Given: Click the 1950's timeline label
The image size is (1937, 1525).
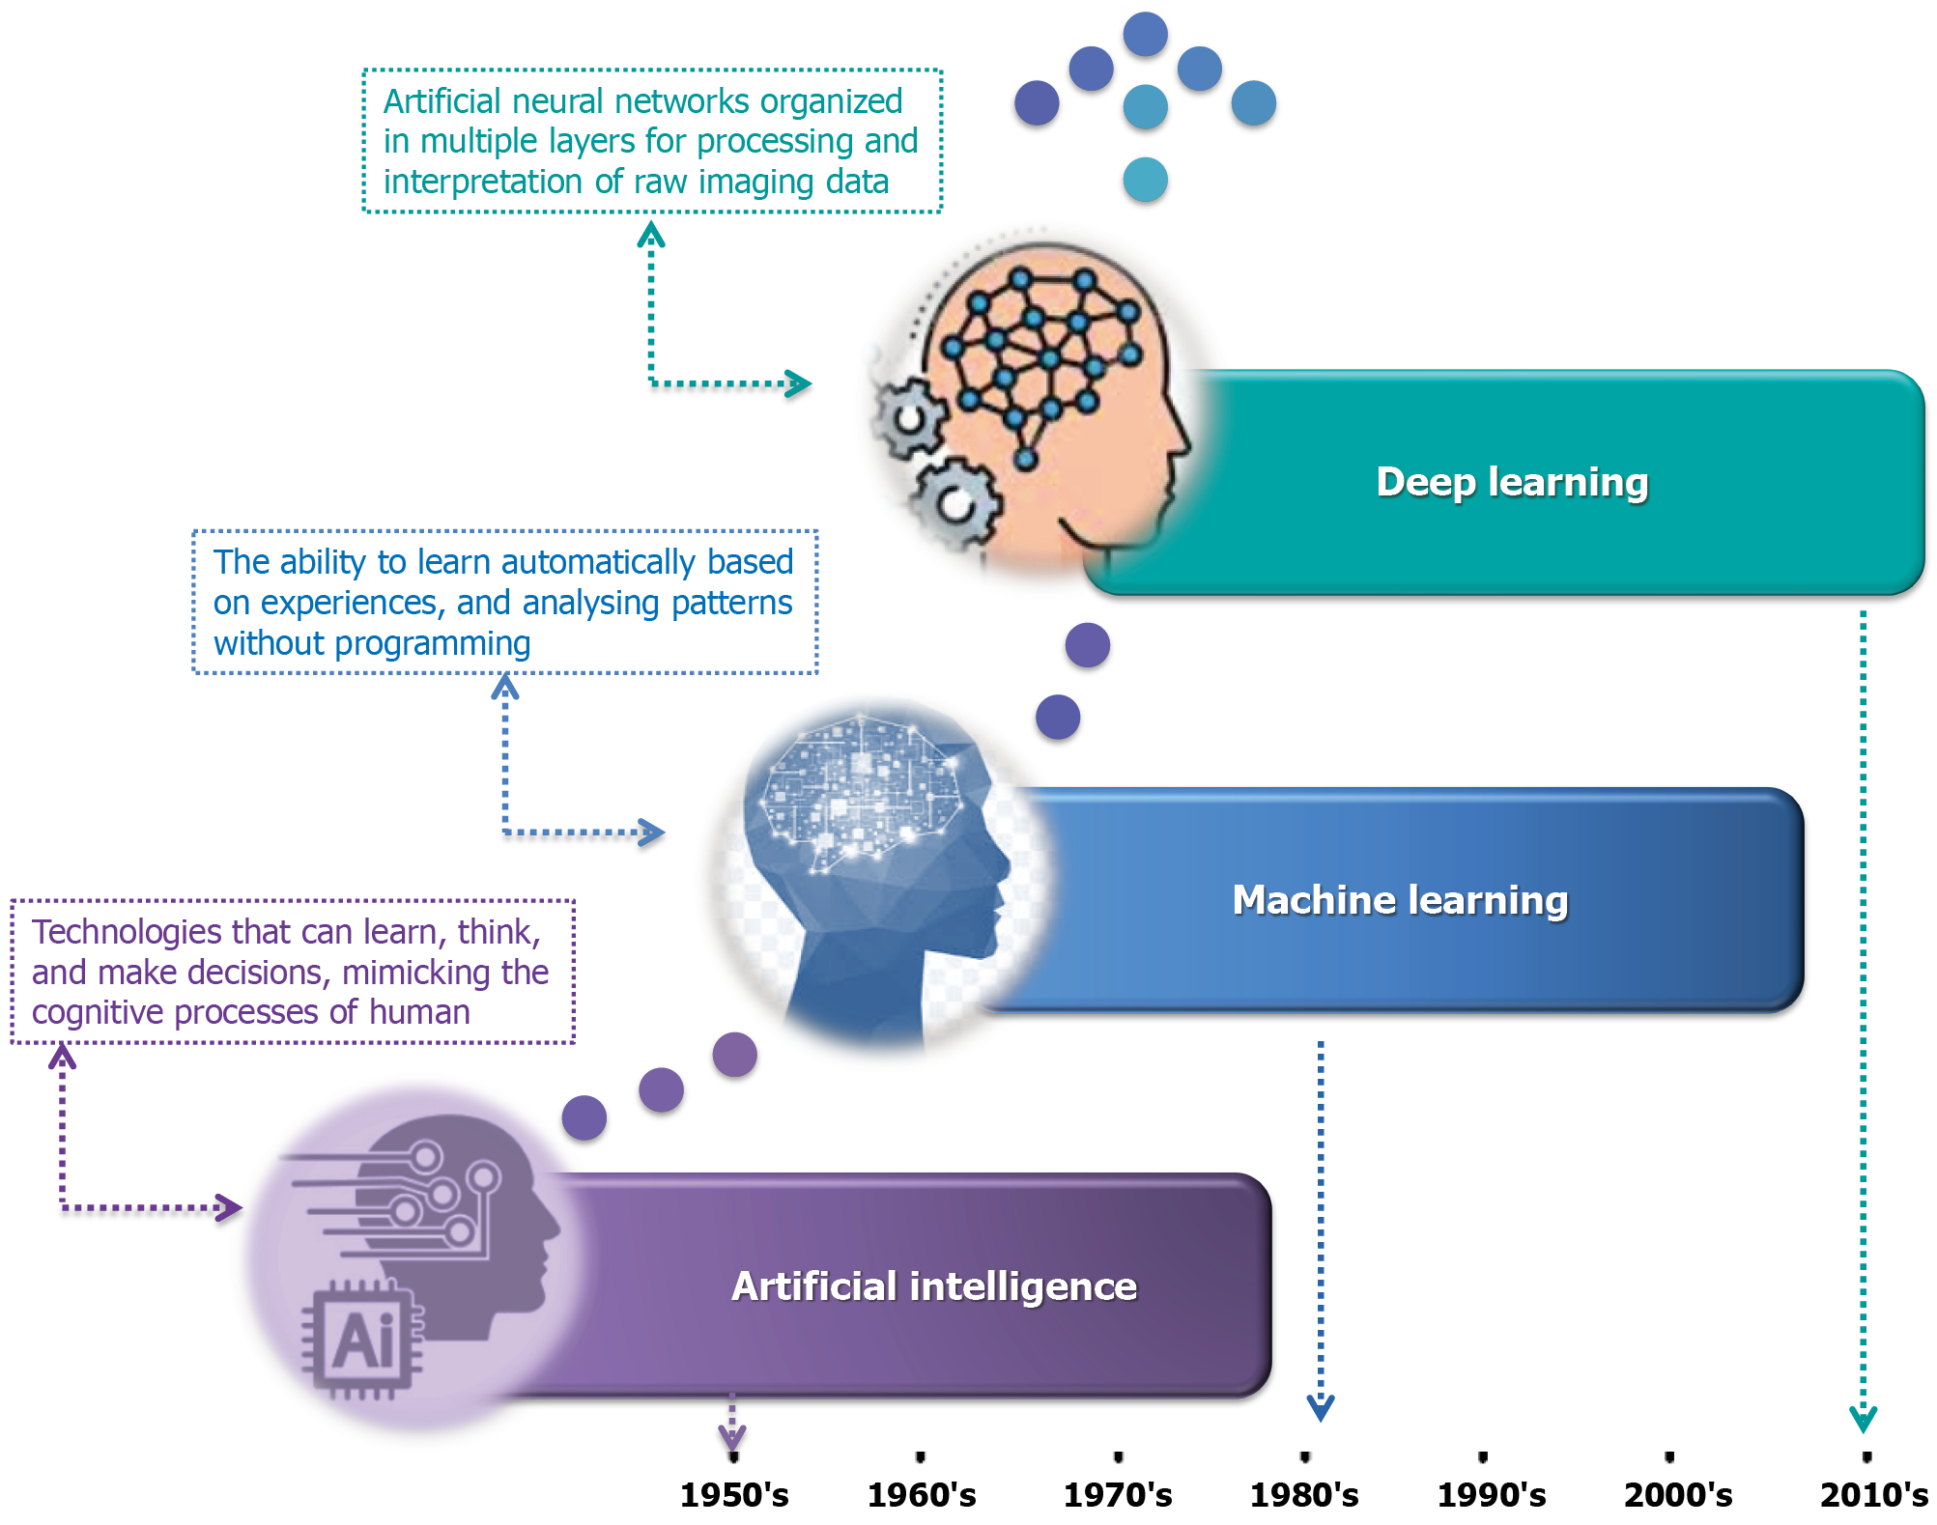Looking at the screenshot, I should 734,1495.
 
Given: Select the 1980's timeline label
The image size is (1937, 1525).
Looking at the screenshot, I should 1304,1495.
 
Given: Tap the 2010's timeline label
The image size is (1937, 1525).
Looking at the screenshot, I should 1873,1495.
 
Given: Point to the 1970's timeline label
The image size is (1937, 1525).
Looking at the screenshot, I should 1118,1495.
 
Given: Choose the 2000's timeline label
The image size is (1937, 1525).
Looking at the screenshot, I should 1678,1495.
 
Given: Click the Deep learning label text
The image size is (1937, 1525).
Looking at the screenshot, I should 1512,482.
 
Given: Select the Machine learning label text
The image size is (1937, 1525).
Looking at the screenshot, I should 1400,900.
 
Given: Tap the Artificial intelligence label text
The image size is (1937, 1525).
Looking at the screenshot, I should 934,1286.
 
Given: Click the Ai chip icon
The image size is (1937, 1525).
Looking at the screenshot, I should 362,1340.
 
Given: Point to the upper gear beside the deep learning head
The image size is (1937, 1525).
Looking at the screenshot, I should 908,418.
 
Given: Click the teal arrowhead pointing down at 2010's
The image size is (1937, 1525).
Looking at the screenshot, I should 1863,1420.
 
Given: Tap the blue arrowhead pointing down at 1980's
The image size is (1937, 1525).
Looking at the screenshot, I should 1321,1408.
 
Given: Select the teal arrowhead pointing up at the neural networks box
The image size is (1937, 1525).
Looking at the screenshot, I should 651,235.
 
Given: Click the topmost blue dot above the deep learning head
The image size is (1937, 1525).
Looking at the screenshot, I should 1145,34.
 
